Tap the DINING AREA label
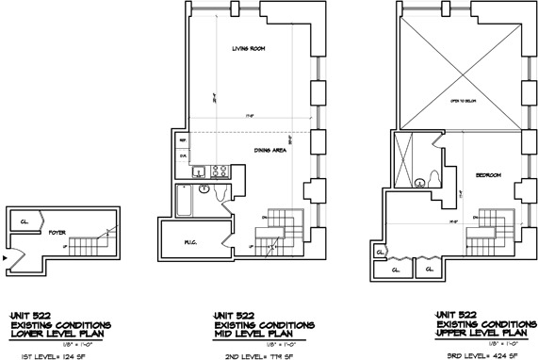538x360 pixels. tap(269, 149)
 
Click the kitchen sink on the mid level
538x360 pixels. tap(200, 172)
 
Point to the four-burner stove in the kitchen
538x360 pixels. tap(218, 172)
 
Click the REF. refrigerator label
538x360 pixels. tap(185, 139)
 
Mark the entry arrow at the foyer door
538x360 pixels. tap(6, 254)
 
